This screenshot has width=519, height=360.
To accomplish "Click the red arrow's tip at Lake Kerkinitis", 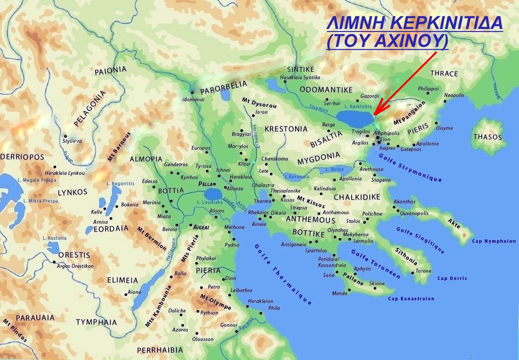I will pyautogui.click(x=375, y=115).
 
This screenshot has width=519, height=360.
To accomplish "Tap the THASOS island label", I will pyautogui.click(x=487, y=137).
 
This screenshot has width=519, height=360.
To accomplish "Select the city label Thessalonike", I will pyautogui.click(x=285, y=191).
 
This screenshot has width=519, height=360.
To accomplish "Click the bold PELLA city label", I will pyautogui.click(x=205, y=184).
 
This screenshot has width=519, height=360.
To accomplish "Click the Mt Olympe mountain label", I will pyautogui.click(x=215, y=302).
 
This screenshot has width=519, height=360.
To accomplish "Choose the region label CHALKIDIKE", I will pyautogui.click(x=357, y=197).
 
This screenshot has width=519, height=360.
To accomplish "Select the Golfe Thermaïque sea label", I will pyautogui.click(x=283, y=273).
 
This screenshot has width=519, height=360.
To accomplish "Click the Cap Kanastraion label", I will pyautogui.click(x=411, y=299).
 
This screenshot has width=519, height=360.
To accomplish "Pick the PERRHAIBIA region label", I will pyautogui.click(x=160, y=350).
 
